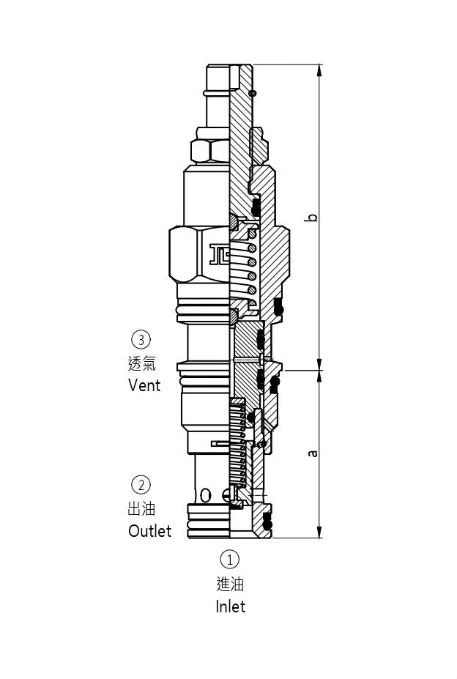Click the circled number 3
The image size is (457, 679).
click(x=141, y=339)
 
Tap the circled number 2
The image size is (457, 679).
click(x=141, y=484)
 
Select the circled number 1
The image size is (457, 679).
click(x=230, y=560)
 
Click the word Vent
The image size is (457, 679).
click(x=144, y=385)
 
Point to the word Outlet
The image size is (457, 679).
click(x=149, y=530)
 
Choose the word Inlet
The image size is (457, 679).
click(x=230, y=606)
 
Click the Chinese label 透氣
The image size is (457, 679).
click(x=141, y=363)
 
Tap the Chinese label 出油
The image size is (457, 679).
click(x=141, y=508)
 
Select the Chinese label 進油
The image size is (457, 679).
click(x=230, y=584)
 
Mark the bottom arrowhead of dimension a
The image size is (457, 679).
click(x=319, y=533)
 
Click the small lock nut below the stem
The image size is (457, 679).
click(x=210, y=150)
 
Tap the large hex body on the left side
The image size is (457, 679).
click(x=187, y=254)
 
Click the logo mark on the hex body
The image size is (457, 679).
click(x=219, y=253)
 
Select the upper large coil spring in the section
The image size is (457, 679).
click(x=250, y=267)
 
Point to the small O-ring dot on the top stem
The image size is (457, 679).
click(x=253, y=93)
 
